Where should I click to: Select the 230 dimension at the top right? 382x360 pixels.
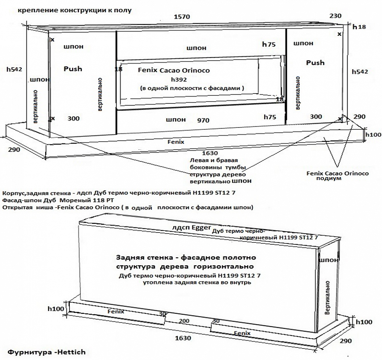pos(336,16)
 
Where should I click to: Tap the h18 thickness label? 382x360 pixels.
pos(359,27)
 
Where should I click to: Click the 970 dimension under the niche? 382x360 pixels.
pos(203,121)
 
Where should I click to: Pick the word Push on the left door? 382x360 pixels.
pos(73,69)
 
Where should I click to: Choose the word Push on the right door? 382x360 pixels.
pos(315,63)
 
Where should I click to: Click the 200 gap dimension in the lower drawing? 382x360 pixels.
pos(184,321)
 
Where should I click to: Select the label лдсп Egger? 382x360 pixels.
pos(191,228)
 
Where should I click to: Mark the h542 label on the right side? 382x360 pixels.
pos(360,72)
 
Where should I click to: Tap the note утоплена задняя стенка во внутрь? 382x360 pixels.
pos(197,283)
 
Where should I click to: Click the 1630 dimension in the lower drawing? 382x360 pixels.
pos(184,338)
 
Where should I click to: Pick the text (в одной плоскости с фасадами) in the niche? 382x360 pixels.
pos(192,88)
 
